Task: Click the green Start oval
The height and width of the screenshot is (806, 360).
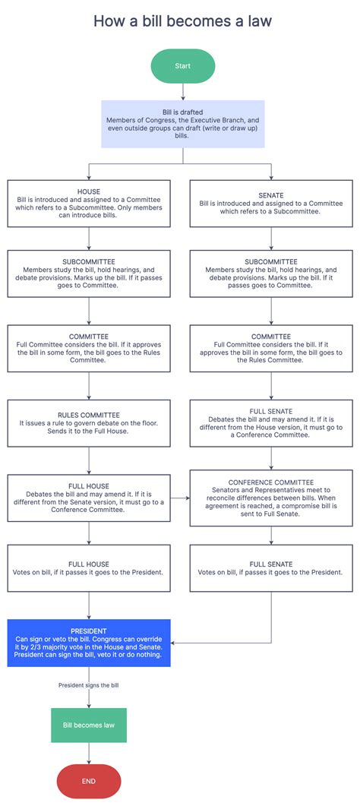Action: pyautogui.click(x=182, y=66)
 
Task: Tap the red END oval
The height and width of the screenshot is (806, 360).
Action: pyautogui.click(x=89, y=781)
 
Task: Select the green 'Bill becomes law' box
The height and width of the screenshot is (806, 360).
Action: pyautogui.click(x=89, y=725)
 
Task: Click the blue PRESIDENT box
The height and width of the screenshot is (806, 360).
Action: pyautogui.click(x=89, y=643)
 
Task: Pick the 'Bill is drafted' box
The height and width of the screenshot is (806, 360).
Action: pyautogui.click(x=182, y=123)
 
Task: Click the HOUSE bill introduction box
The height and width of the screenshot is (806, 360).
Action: pyautogui.click(x=89, y=204)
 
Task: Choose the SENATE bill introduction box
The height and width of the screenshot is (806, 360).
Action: pyautogui.click(x=270, y=204)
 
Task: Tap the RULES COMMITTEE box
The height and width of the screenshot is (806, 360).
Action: pyautogui.click(x=89, y=424)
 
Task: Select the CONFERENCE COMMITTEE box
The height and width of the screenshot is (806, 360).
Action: pyautogui.click(x=270, y=498)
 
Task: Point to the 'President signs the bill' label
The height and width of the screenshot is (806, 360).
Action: pyautogui.click(x=89, y=685)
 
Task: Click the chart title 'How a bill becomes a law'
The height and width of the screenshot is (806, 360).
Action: pyautogui.click(x=182, y=21)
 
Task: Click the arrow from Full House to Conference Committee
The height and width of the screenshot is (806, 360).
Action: pyautogui.click(x=180, y=498)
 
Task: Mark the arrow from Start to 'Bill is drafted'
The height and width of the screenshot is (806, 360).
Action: pyautogui.click(x=182, y=91)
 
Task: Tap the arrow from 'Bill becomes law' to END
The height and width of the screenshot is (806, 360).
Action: pyautogui.click(x=89, y=753)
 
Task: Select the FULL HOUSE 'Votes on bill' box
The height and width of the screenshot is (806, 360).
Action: pyautogui.click(x=89, y=568)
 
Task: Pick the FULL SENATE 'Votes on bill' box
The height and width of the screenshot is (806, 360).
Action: pyautogui.click(x=270, y=568)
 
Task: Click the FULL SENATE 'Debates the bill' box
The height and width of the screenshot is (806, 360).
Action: pyautogui.click(x=270, y=424)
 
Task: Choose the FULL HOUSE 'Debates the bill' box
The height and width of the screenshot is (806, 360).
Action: pyautogui.click(x=89, y=498)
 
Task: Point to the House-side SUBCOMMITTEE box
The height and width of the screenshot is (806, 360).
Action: pyautogui.click(x=89, y=274)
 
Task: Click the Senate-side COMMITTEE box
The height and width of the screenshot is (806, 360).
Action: pyautogui.click(x=270, y=349)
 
